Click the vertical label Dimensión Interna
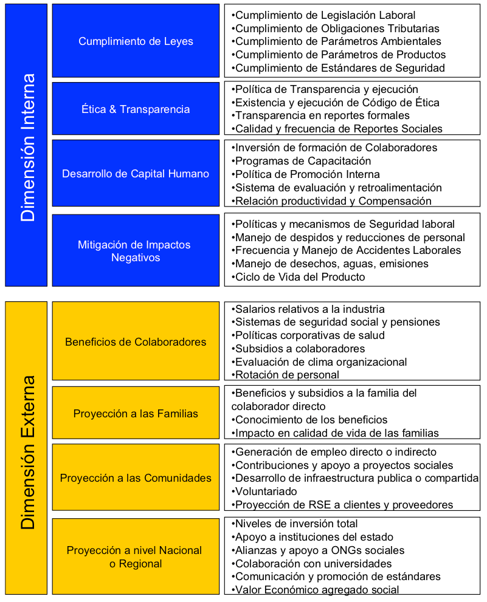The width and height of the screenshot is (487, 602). [x=27, y=146]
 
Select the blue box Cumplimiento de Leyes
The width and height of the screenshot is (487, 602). [x=136, y=41]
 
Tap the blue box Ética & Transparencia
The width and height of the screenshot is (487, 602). [x=136, y=109]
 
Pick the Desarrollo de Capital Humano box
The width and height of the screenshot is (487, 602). [x=136, y=174]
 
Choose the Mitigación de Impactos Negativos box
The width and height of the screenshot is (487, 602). [x=136, y=251]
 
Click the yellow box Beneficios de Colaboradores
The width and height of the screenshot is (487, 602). [x=136, y=342]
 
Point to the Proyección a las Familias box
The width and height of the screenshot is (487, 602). [x=136, y=414]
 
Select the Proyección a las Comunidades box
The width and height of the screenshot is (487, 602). [x=136, y=478]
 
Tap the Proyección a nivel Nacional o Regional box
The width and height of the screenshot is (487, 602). [x=136, y=557]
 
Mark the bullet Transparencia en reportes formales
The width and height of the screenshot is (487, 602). [x=322, y=115]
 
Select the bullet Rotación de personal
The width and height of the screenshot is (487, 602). [x=286, y=375]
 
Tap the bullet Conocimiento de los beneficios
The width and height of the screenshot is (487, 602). [x=311, y=420]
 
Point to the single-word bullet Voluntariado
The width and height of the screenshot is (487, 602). [x=265, y=491]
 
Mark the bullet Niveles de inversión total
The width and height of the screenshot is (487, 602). [x=295, y=524]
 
